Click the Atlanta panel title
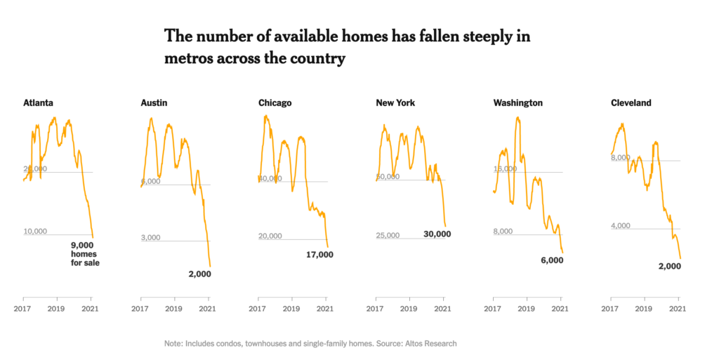click(38, 102)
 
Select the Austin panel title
click(154, 102)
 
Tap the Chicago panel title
click(275, 102)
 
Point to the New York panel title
click(395, 102)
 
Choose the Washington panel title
click(517, 102)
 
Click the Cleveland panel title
click(631, 102)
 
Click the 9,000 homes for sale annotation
click(85, 253)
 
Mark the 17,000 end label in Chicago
click(319, 255)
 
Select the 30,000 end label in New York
click(437, 234)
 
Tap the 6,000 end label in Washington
click(552, 260)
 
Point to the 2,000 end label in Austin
click(199, 274)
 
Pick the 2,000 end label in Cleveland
click(670, 265)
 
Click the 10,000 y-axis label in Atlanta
click(35, 231)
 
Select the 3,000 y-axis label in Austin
click(151, 237)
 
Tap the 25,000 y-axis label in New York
click(388, 235)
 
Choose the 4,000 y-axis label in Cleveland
click(621, 225)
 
